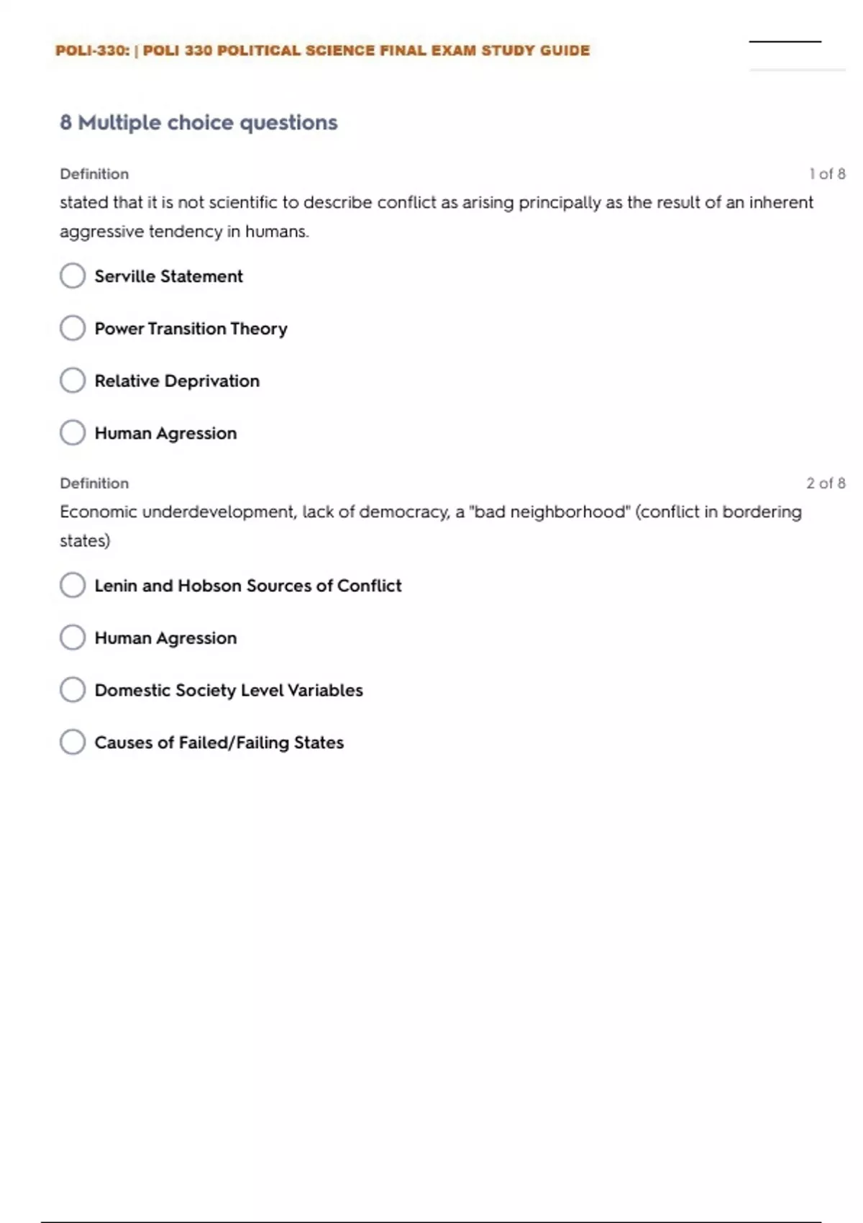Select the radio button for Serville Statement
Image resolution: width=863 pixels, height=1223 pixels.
73,276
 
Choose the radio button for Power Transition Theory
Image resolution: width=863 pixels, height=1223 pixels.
73,328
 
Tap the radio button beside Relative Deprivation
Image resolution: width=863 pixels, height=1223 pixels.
73,381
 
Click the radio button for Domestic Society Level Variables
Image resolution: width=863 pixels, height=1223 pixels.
73,690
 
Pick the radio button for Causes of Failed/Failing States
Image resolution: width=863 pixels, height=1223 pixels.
73,742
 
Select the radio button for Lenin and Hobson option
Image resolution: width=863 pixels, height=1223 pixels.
73,585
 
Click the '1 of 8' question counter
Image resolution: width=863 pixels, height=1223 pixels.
826,174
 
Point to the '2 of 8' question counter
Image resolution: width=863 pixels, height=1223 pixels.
825,483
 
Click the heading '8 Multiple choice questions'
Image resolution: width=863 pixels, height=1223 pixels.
198,122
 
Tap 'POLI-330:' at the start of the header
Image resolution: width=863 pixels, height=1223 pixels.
92,50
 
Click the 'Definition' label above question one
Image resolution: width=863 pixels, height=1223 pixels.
94,174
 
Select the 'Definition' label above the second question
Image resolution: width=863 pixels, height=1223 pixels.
94,483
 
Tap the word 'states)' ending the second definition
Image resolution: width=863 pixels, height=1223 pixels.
85,541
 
